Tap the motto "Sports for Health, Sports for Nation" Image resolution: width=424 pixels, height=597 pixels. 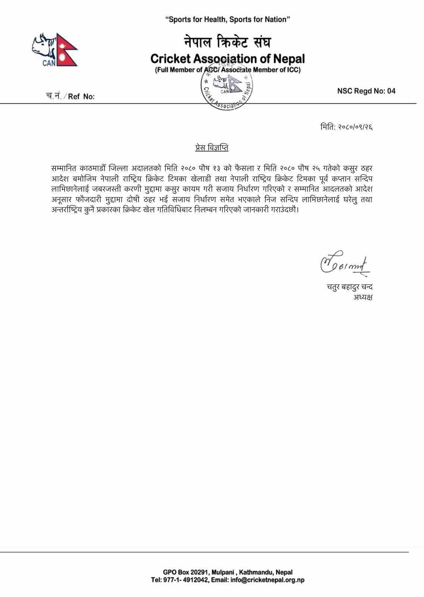(x=228, y=19)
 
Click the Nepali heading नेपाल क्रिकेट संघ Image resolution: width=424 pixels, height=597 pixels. (x=227, y=42)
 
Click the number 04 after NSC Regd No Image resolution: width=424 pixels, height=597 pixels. (x=391, y=91)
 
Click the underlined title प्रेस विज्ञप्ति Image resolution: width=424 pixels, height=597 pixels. (x=212, y=148)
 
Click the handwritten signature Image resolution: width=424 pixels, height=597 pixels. (x=343, y=265)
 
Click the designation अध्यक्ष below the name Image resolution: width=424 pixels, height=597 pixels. (x=363, y=297)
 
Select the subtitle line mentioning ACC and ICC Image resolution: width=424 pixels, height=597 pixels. (x=228, y=70)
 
